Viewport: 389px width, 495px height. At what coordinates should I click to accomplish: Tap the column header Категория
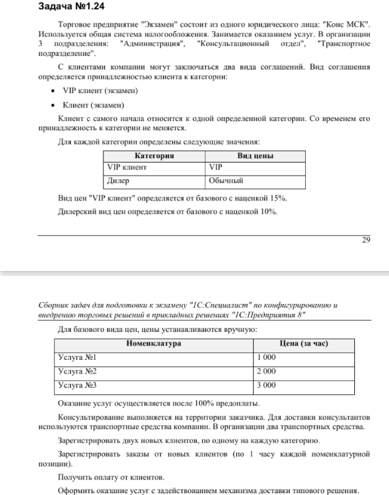coord(154,156)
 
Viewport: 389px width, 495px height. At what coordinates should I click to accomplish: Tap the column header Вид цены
coord(255,156)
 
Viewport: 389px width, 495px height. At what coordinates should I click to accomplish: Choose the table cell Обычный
coord(226,181)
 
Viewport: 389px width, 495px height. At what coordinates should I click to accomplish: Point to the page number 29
coord(366,240)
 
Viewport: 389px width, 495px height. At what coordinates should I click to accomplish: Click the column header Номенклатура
coord(153,344)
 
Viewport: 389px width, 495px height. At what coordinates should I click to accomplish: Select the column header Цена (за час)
coord(304,344)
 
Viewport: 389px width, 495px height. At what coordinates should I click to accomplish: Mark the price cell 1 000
coord(267,357)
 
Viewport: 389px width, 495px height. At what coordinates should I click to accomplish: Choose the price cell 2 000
coord(267,371)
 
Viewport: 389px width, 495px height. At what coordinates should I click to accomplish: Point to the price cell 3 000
coord(267,385)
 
